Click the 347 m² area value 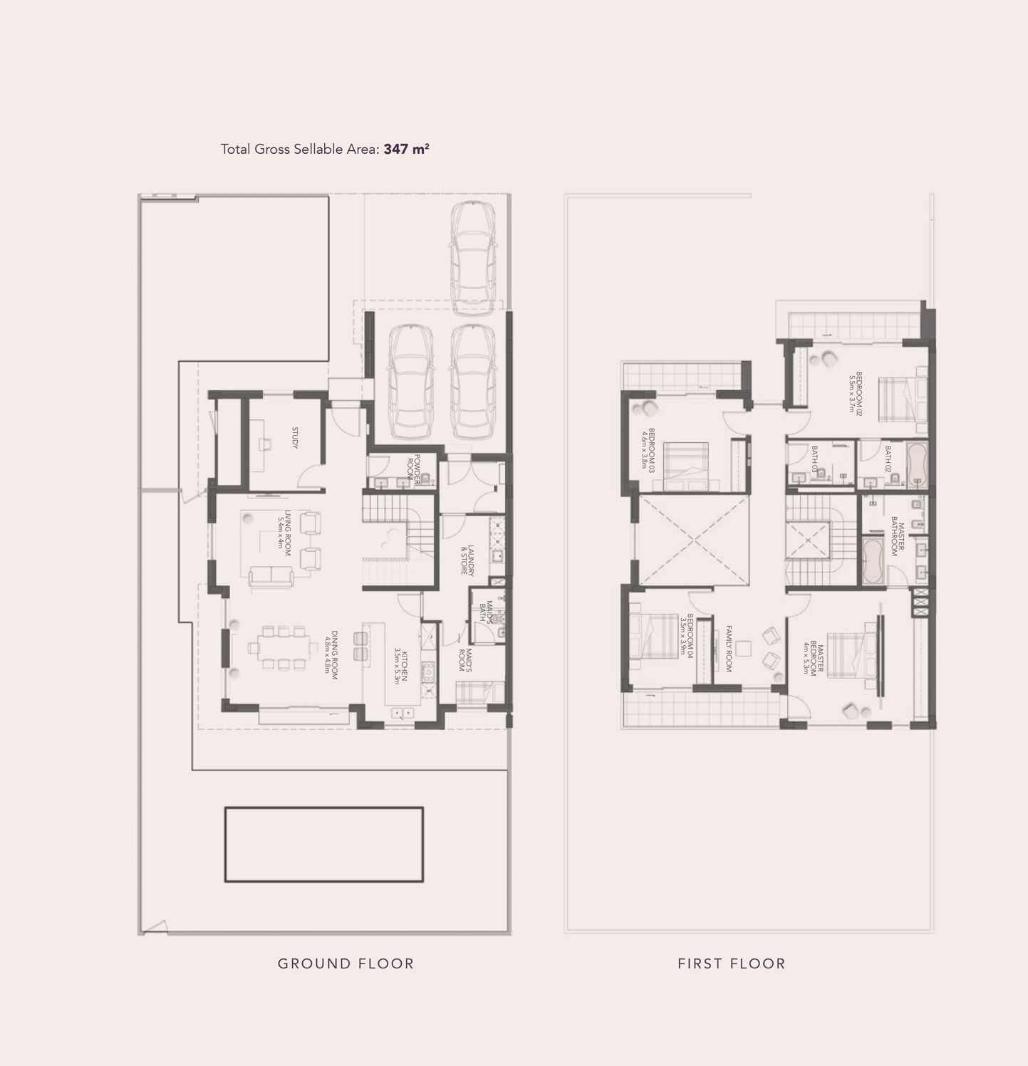point(406,149)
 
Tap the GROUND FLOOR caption point(346,963)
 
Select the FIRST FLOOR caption point(731,963)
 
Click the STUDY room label point(294,438)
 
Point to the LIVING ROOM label point(284,533)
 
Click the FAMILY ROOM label point(729,648)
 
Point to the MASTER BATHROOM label point(898,539)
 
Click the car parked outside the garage point(472,258)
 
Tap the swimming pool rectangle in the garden point(324,845)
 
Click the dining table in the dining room point(284,647)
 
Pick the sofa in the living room point(271,576)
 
